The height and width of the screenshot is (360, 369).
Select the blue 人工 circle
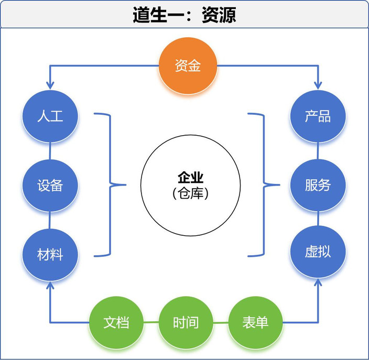[50, 116]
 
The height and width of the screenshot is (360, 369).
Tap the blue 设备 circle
[50, 185]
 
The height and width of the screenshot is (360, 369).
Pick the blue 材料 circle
[50, 255]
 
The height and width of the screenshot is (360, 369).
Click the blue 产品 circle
[318, 116]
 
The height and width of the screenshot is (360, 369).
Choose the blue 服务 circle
[318, 185]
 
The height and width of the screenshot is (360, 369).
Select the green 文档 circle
[116, 322]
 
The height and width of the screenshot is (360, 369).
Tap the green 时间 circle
[186, 322]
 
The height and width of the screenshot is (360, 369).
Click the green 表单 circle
[255, 322]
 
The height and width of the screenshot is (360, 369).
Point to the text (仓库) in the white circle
[190, 193]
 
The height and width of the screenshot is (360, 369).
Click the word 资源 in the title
[219, 15]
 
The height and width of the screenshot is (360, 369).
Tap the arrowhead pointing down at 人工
[50, 84]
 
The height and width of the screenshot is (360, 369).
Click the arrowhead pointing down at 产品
[318, 84]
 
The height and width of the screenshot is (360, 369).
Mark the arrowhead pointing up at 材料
[50, 286]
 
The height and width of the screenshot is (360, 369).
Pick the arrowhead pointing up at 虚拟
[318, 282]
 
